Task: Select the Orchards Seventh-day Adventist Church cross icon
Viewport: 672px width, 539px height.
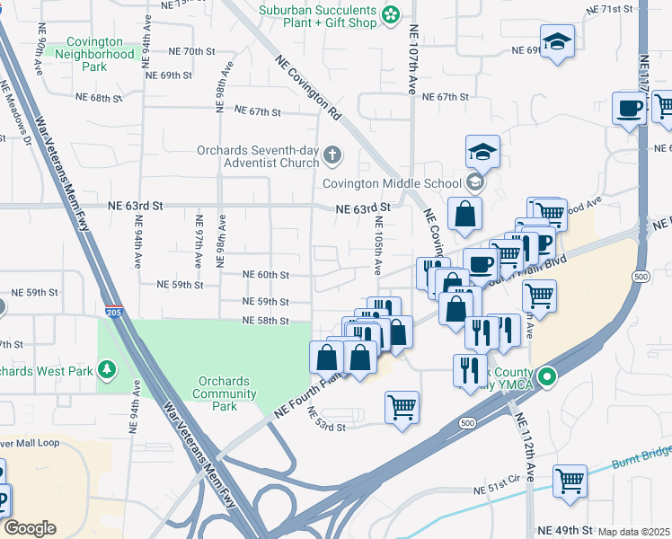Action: tap(332, 156)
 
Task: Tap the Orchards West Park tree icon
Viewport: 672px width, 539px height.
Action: tap(108, 369)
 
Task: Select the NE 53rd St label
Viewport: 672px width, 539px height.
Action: tap(326, 420)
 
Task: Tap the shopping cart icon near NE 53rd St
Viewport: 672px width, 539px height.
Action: tap(402, 406)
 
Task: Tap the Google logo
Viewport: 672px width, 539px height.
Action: tap(29, 528)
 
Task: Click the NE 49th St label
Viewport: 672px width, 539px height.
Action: tap(564, 532)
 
